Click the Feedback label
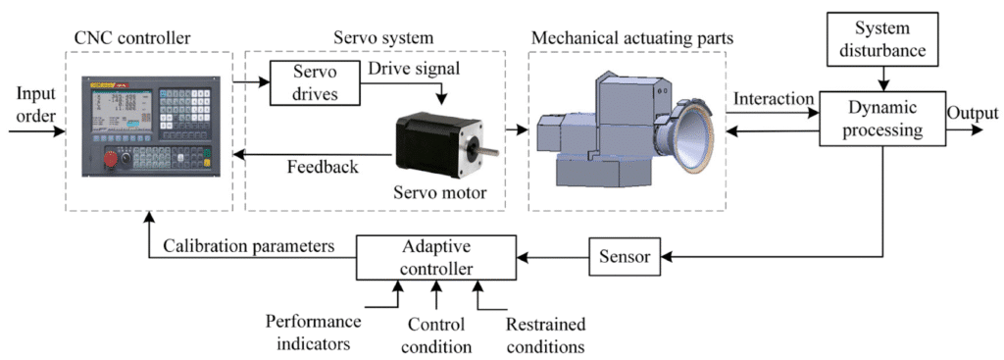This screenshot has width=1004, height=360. [323, 168]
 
